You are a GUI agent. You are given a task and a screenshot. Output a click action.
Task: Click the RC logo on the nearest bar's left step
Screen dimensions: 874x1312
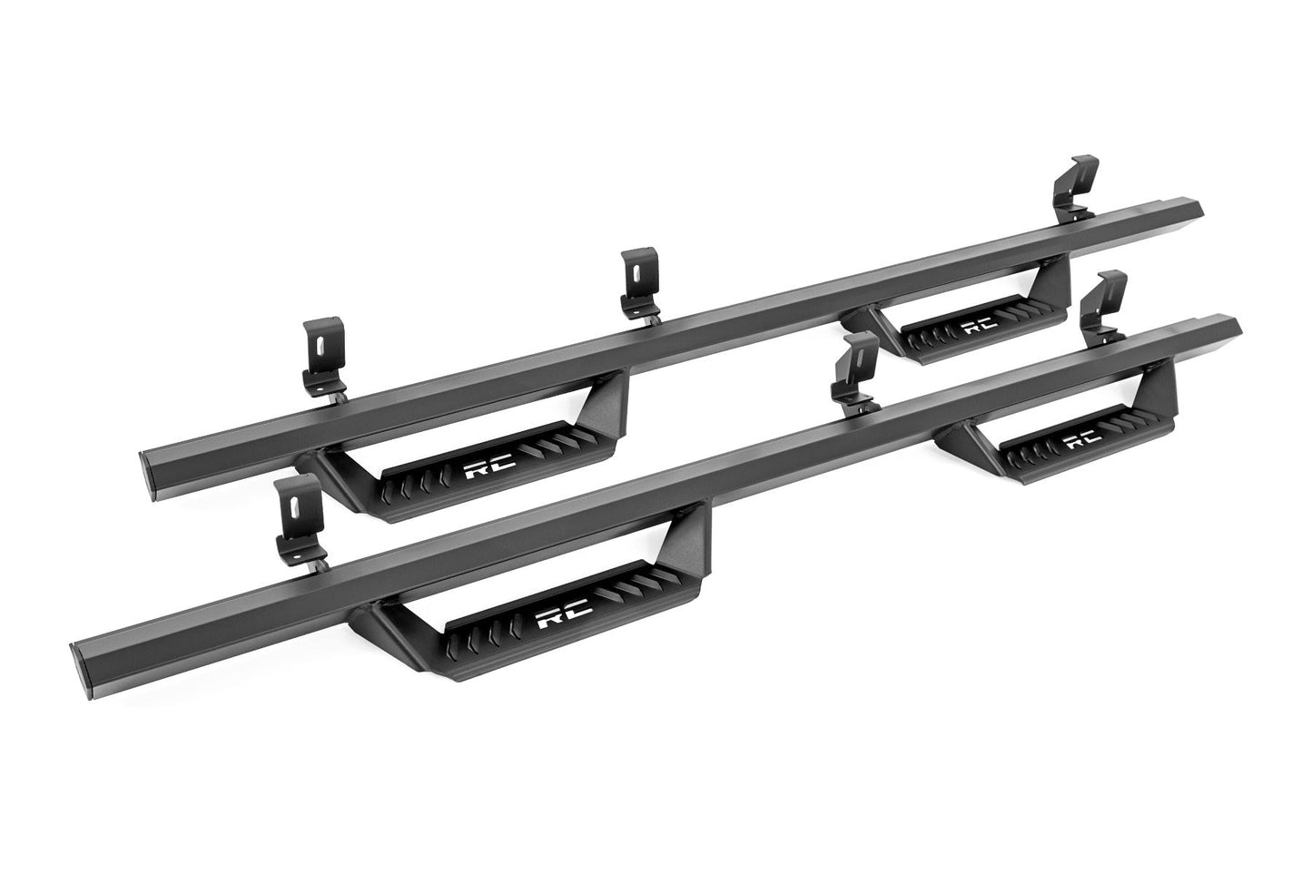click(x=564, y=618)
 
